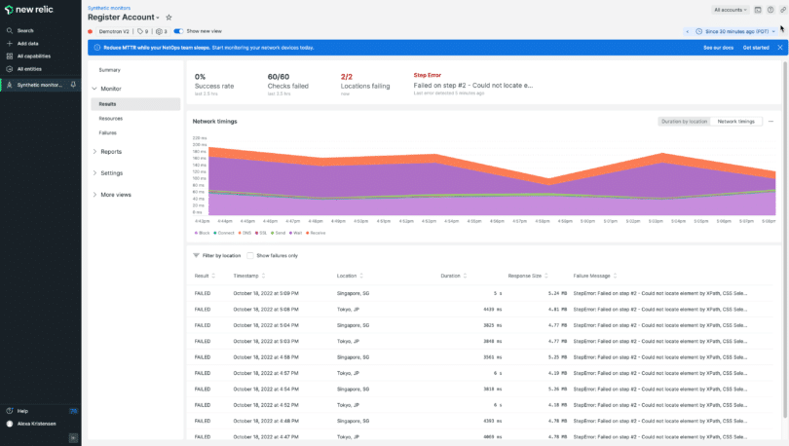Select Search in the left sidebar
[x=25, y=30]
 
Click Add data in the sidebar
[x=27, y=43]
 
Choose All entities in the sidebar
[x=29, y=68]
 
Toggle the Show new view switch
[x=178, y=31]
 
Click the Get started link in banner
[x=756, y=47]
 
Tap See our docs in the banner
[x=719, y=47]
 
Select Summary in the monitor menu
[x=109, y=70]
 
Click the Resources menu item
[x=110, y=118]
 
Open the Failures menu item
[x=108, y=132]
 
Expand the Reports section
[x=111, y=152]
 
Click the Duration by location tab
[x=684, y=122]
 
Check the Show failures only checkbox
[x=250, y=255]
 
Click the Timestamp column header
[x=245, y=276]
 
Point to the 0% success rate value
[x=200, y=76]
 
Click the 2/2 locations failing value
[x=347, y=76]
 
